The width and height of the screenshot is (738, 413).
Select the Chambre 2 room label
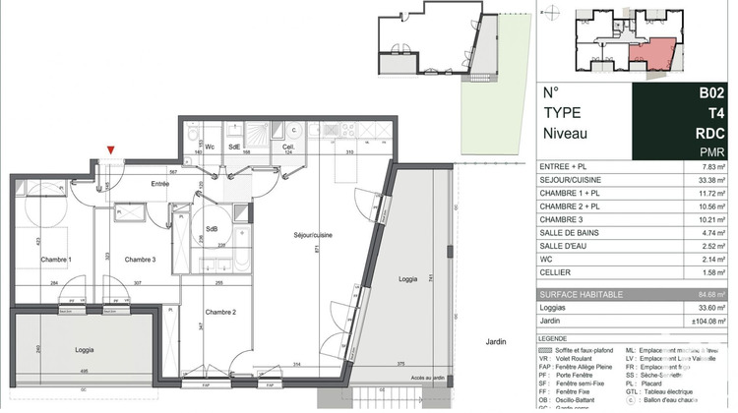220,312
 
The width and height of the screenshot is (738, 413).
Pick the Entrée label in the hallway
159,184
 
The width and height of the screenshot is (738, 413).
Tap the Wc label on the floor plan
209,147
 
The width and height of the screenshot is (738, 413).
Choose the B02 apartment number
711,92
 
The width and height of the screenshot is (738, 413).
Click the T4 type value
717,112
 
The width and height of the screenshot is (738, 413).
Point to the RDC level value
710,133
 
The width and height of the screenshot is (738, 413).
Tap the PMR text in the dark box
712,152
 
